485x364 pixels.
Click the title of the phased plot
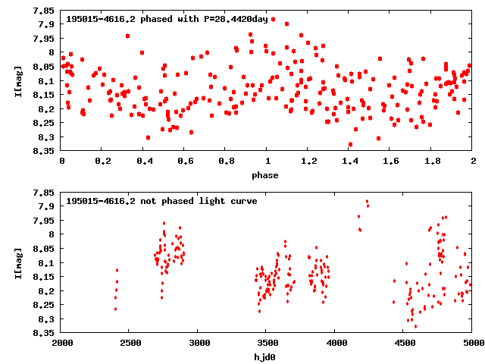(x=167, y=19)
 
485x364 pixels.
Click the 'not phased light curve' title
(x=161, y=201)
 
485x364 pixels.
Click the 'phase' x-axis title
(x=266, y=175)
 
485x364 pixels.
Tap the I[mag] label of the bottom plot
(x=17, y=262)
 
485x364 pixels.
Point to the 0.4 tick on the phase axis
(x=144, y=161)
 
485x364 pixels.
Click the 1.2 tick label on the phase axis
(x=308, y=161)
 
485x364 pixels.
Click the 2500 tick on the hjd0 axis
(x=130, y=342)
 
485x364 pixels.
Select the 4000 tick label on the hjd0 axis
(x=335, y=342)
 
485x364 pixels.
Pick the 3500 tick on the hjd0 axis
(x=266, y=342)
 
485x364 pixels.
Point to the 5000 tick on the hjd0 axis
(x=471, y=342)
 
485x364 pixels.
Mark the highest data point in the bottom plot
(x=368, y=202)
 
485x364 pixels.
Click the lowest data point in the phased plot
(x=350, y=144)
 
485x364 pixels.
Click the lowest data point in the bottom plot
(x=415, y=326)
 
